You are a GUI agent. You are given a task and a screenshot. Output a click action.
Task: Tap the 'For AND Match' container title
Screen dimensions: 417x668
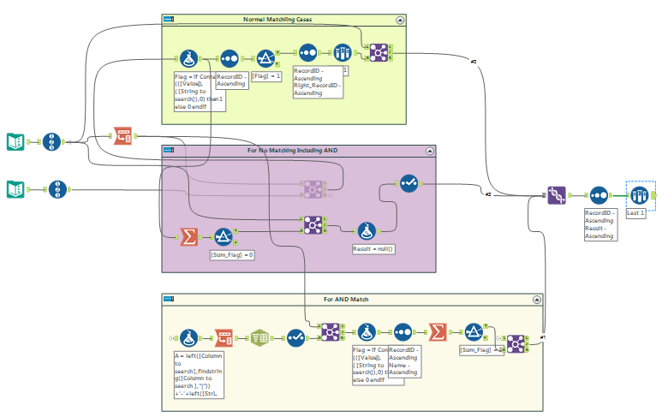[x=346, y=300]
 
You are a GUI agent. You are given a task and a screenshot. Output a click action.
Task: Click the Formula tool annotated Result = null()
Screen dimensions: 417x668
[x=367, y=229]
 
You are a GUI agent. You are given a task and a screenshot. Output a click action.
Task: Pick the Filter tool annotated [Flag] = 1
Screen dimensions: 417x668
[x=267, y=58]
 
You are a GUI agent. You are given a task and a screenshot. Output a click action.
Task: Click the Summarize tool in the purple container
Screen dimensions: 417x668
[x=188, y=237]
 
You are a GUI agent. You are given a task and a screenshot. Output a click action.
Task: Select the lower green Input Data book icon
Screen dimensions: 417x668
[x=15, y=188]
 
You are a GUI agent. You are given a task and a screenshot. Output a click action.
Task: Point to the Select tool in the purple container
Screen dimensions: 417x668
[x=409, y=183]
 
